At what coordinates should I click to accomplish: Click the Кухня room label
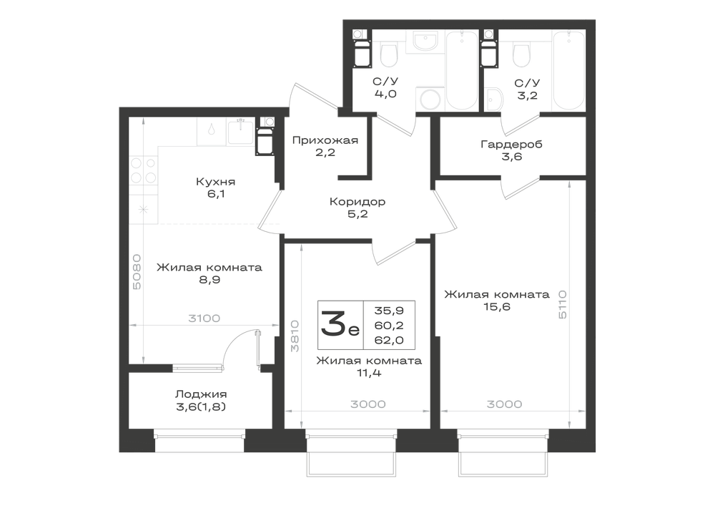click(x=216, y=182)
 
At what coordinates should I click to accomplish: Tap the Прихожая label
click(x=325, y=140)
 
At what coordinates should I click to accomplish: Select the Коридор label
click(x=357, y=201)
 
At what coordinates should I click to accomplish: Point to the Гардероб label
click(x=511, y=145)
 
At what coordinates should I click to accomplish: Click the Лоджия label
click(x=201, y=394)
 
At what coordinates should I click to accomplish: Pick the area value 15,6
click(x=497, y=306)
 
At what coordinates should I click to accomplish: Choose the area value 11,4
click(x=369, y=373)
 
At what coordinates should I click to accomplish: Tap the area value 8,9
click(x=209, y=280)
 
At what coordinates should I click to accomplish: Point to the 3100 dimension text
click(x=204, y=318)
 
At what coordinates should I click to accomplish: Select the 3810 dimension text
click(x=295, y=336)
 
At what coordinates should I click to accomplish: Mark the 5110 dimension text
click(x=562, y=304)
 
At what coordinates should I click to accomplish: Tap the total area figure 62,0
click(x=389, y=340)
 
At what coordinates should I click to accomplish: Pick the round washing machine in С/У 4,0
click(x=429, y=98)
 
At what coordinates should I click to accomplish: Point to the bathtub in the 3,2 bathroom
click(x=568, y=70)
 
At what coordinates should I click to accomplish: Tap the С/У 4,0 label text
click(x=385, y=88)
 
